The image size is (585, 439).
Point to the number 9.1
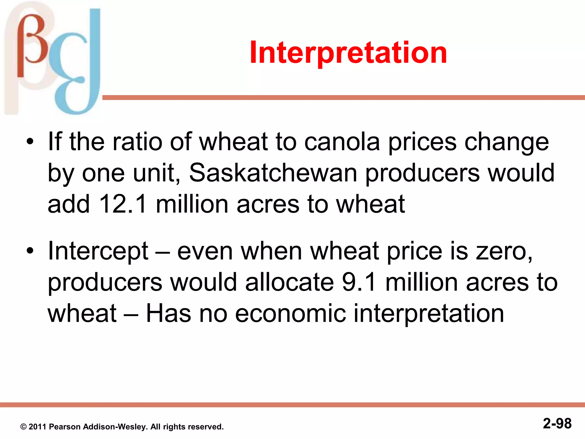click(359, 282)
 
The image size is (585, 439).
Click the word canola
click(342, 142)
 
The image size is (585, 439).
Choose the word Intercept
click(98, 251)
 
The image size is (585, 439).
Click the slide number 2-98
click(557, 424)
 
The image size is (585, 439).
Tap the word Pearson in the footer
click(65, 427)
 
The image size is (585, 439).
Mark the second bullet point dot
click(30, 251)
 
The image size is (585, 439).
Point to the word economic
click(290, 314)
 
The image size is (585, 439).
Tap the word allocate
click(289, 282)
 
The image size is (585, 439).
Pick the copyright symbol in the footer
click(23, 427)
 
